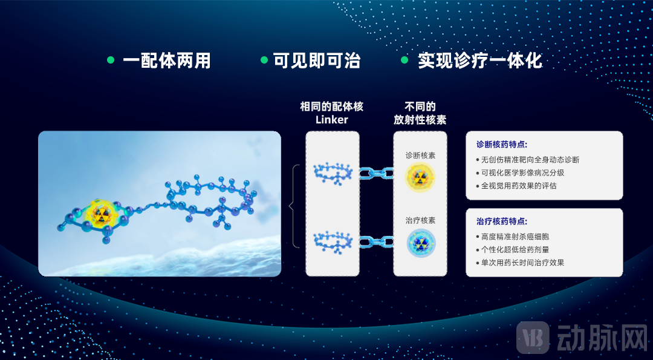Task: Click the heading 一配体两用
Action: point(167,61)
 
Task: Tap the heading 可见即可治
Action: point(316,61)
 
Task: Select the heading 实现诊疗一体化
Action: point(479,61)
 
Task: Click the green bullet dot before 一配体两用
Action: point(111,60)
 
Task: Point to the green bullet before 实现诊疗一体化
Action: point(404,60)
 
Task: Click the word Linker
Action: point(332,120)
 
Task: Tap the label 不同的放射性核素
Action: point(420,113)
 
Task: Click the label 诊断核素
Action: point(420,155)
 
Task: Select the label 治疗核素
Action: point(420,220)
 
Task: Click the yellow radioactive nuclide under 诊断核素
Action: point(420,177)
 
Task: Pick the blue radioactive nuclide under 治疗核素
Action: point(421,243)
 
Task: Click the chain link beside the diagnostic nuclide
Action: point(376,173)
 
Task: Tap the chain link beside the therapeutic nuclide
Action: point(376,241)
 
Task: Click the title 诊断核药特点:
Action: point(502,145)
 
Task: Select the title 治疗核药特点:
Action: point(502,221)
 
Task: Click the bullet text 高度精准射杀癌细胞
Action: point(515,237)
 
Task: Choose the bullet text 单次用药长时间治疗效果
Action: point(522,263)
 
